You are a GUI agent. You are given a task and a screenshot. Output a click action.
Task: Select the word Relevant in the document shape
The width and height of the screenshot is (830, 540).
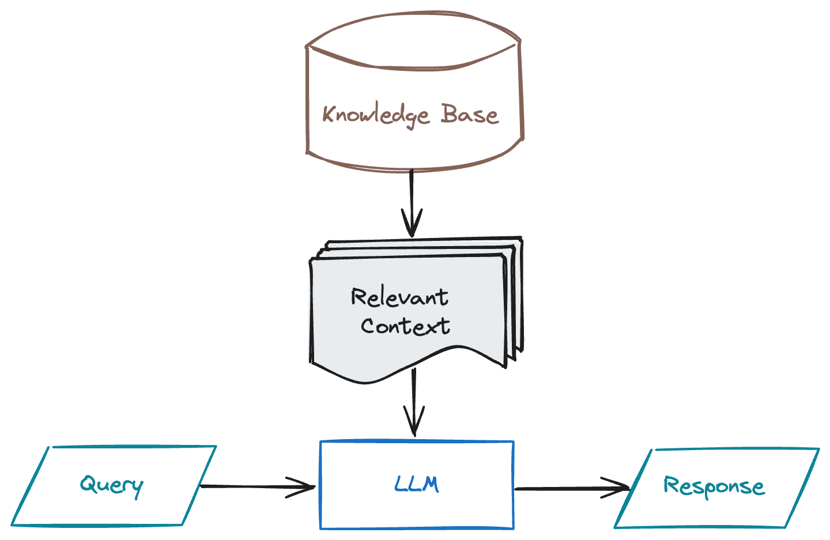[399, 297]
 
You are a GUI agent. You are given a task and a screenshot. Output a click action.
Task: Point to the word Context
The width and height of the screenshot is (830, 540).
[405, 326]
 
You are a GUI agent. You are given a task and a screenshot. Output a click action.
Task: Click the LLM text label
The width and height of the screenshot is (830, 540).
[417, 484]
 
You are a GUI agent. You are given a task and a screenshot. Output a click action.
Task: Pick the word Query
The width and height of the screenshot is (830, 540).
[111, 485]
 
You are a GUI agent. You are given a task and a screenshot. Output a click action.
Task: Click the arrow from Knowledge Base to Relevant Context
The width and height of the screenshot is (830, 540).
[412, 196]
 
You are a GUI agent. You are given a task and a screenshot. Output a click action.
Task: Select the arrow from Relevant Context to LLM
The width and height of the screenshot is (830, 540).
[414, 398]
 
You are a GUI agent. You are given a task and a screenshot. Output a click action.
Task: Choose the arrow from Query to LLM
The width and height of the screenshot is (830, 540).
[254, 487]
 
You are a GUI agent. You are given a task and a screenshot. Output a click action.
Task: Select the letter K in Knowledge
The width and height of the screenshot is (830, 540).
[329, 114]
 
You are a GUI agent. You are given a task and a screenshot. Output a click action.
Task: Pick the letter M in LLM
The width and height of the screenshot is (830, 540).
[430, 484]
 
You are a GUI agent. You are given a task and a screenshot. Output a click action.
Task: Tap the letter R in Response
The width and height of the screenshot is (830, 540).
[671, 485]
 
